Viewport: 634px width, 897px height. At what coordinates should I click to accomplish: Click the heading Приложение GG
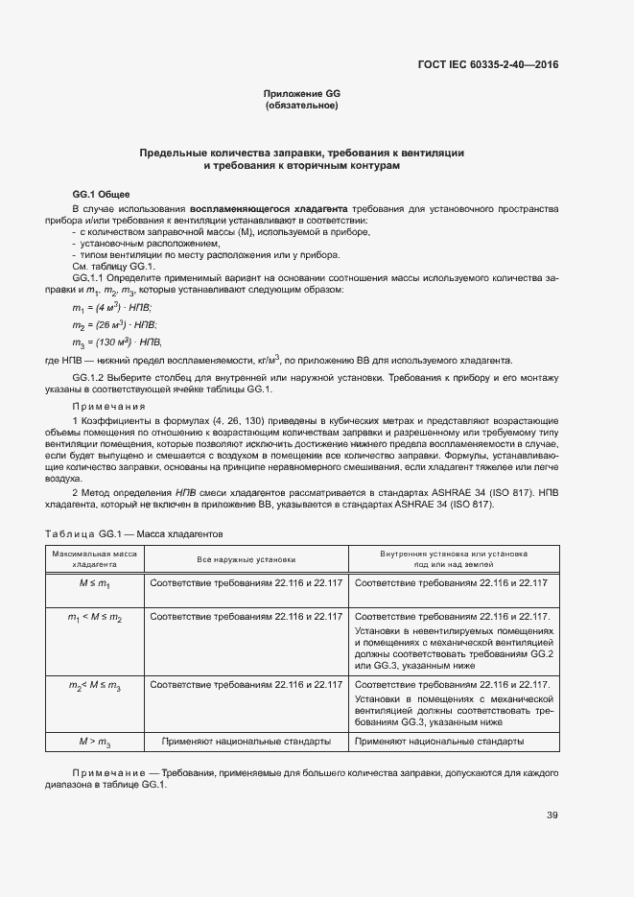[x=302, y=93]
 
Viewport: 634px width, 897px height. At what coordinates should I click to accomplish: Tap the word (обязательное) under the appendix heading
[x=302, y=106]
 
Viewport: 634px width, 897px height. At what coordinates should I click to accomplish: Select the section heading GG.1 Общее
[x=101, y=194]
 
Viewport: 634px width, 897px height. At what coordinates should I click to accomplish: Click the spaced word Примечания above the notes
[x=108, y=407]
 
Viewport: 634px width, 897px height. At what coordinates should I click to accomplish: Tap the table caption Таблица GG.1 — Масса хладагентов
[x=134, y=532]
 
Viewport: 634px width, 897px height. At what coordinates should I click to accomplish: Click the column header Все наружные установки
[x=247, y=558]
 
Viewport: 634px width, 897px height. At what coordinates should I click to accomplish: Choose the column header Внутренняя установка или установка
[x=454, y=554]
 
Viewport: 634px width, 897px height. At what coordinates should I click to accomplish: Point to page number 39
[x=552, y=815]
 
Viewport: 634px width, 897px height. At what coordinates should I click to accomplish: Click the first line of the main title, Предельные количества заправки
[x=302, y=153]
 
